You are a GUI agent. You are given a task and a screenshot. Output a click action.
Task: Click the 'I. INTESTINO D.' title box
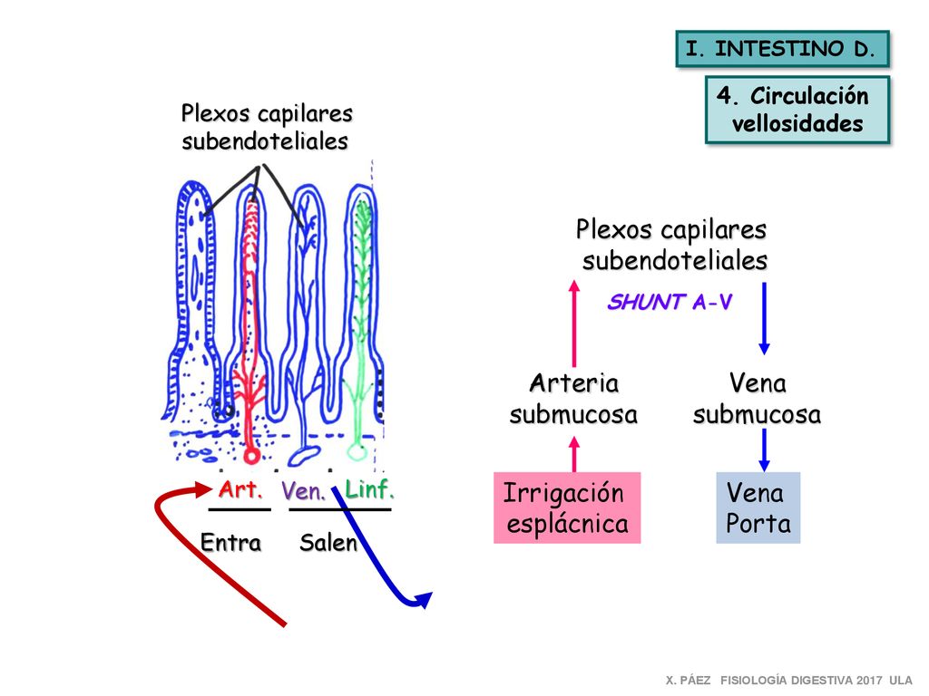tap(782, 49)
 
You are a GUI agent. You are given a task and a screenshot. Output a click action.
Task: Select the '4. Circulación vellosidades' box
tap(797, 110)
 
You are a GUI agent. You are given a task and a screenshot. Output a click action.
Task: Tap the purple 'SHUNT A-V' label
tap(670, 302)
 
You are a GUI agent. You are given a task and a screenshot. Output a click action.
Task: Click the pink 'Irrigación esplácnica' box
tap(567, 507)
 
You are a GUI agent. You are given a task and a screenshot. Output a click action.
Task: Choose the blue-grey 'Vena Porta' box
tap(758, 507)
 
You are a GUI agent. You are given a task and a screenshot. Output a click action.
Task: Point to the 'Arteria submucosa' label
tap(573, 399)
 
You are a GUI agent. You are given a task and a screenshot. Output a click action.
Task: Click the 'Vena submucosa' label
tap(758, 399)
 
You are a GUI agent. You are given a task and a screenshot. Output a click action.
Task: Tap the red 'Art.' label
tap(240, 489)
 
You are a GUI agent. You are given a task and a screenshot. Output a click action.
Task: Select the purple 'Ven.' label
tap(303, 490)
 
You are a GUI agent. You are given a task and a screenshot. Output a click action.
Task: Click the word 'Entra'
tap(230, 542)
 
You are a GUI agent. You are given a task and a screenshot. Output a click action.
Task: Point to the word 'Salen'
tap(328, 542)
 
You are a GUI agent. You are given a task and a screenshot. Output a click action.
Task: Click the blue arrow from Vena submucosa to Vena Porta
tap(764, 449)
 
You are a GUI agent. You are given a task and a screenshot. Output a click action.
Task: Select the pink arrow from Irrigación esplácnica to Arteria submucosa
tap(573, 454)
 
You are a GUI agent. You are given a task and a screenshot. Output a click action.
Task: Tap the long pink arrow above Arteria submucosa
tap(573, 324)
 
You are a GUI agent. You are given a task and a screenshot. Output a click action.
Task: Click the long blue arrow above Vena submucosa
tap(764, 318)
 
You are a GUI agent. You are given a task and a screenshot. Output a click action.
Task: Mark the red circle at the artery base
tap(252, 456)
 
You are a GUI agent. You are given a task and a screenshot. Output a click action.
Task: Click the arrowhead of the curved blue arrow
tap(425, 600)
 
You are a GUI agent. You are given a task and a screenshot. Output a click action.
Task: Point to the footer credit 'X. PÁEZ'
tap(688, 681)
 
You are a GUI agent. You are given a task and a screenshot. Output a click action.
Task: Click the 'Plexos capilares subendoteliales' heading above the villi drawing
tap(267, 127)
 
